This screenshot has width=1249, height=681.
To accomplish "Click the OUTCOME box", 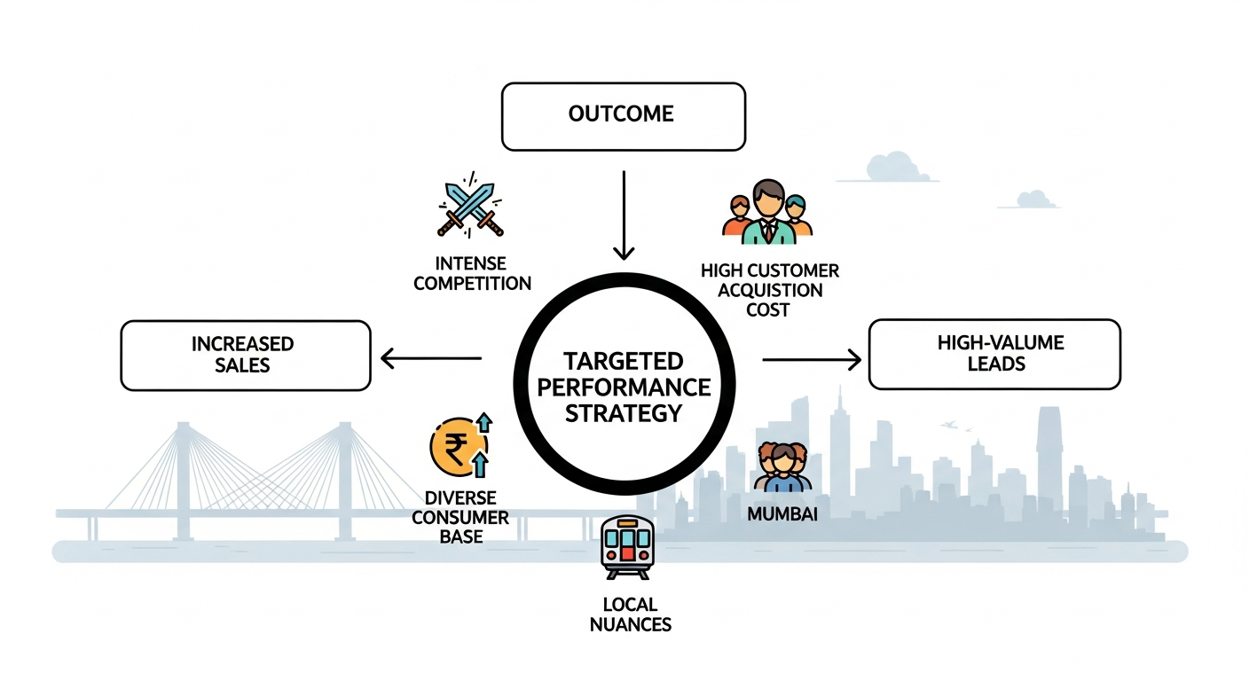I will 623,116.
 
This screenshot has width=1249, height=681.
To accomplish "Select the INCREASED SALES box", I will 245,355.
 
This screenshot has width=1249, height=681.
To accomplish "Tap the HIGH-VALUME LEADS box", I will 994,355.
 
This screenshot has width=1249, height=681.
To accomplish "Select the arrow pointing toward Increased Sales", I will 430,358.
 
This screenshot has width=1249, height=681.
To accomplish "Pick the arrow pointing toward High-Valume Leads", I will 812,359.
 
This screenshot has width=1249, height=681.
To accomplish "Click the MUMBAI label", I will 782,513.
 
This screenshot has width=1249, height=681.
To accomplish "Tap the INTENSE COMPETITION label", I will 472,273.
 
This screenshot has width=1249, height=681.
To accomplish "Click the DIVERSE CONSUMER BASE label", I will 460,517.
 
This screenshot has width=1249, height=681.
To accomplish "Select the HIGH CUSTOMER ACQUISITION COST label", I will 769,290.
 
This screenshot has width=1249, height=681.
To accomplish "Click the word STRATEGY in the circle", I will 624,413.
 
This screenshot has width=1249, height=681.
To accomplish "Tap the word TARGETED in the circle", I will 624,362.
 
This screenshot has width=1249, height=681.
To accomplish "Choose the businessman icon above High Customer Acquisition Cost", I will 767,213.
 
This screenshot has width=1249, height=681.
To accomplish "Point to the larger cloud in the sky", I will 891,166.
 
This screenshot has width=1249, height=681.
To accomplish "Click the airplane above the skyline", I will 952,425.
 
